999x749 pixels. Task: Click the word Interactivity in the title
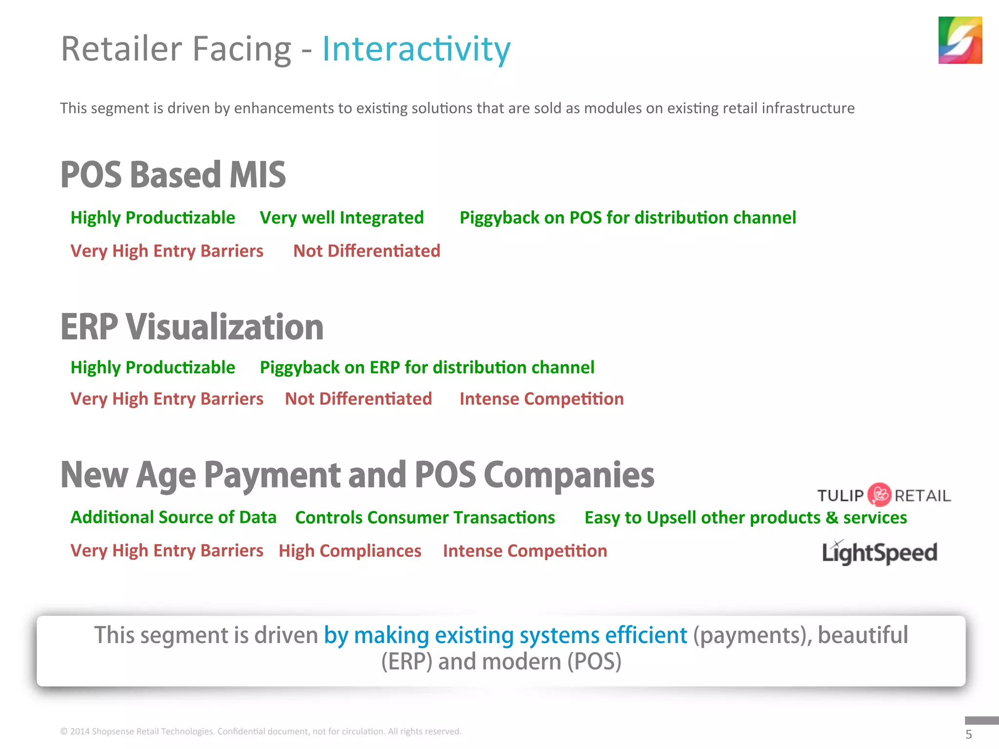coord(416,49)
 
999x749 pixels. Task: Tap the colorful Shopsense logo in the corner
coord(959,40)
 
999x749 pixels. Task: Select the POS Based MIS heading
coord(173,175)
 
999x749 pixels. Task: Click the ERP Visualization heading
coord(192,327)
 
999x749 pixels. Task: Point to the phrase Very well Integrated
coord(341,217)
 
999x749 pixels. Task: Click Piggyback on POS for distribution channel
coord(627,217)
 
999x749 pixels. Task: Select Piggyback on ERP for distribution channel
coord(427,367)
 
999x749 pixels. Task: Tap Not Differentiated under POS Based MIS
coord(366,251)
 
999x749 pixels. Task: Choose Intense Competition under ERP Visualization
coord(541,399)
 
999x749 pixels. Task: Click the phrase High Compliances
coord(350,551)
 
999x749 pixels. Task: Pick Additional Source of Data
coord(173,517)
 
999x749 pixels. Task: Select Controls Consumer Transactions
coord(425,517)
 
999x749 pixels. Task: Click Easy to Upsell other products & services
coord(745,517)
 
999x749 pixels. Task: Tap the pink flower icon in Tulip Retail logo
coord(879,495)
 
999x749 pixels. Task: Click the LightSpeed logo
coord(879,552)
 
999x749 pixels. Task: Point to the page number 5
coord(968,734)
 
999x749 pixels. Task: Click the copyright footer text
coord(260,731)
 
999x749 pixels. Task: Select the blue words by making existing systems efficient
coord(505,635)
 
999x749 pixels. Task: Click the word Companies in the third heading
coord(569,475)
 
